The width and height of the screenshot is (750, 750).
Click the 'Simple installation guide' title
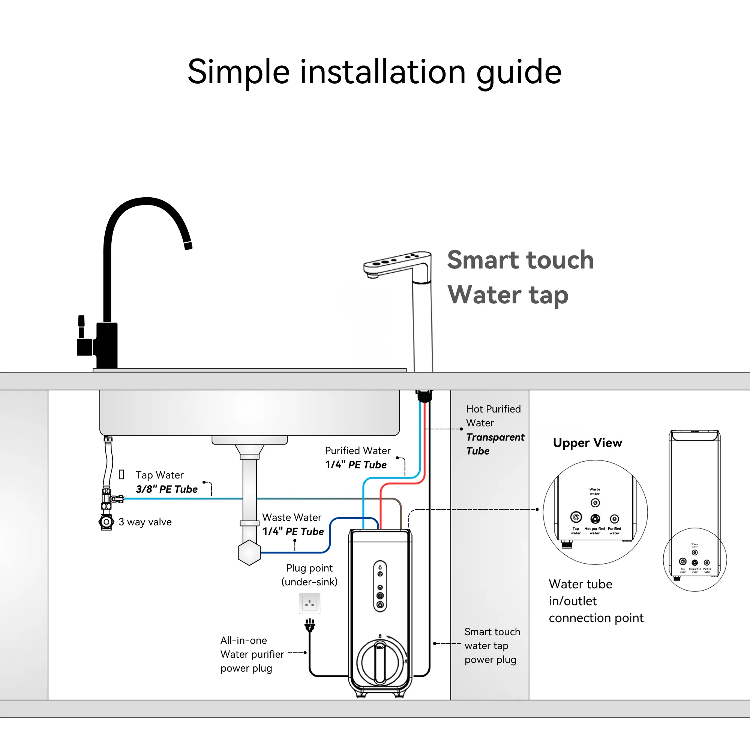point(375,72)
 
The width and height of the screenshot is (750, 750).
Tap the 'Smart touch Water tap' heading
point(520,277)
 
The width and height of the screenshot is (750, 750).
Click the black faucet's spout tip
point(188,245)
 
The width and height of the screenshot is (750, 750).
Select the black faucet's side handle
point(82,326)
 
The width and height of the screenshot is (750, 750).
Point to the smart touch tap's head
point(396,262)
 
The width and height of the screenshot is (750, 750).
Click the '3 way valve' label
point(145,522)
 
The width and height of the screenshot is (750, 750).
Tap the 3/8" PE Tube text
point(166,489)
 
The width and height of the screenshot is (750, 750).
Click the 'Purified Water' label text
point(357,451)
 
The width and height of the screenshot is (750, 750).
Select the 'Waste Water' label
point(291,517)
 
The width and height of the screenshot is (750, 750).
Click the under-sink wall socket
point(309,604)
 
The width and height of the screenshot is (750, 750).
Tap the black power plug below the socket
point(309,625)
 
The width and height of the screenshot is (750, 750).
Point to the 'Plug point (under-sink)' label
point(309,575)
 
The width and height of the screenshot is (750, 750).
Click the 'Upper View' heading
point(587,443)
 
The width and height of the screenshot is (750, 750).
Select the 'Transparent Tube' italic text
point(495,444)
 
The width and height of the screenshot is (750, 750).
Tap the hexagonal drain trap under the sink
point(249,552)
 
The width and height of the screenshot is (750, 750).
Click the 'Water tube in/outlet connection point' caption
point(596,601)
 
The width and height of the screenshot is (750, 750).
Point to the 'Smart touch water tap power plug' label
point(492,646)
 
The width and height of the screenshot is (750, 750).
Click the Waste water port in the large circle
point(595,503)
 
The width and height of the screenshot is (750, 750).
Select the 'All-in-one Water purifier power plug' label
point(252,654)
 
